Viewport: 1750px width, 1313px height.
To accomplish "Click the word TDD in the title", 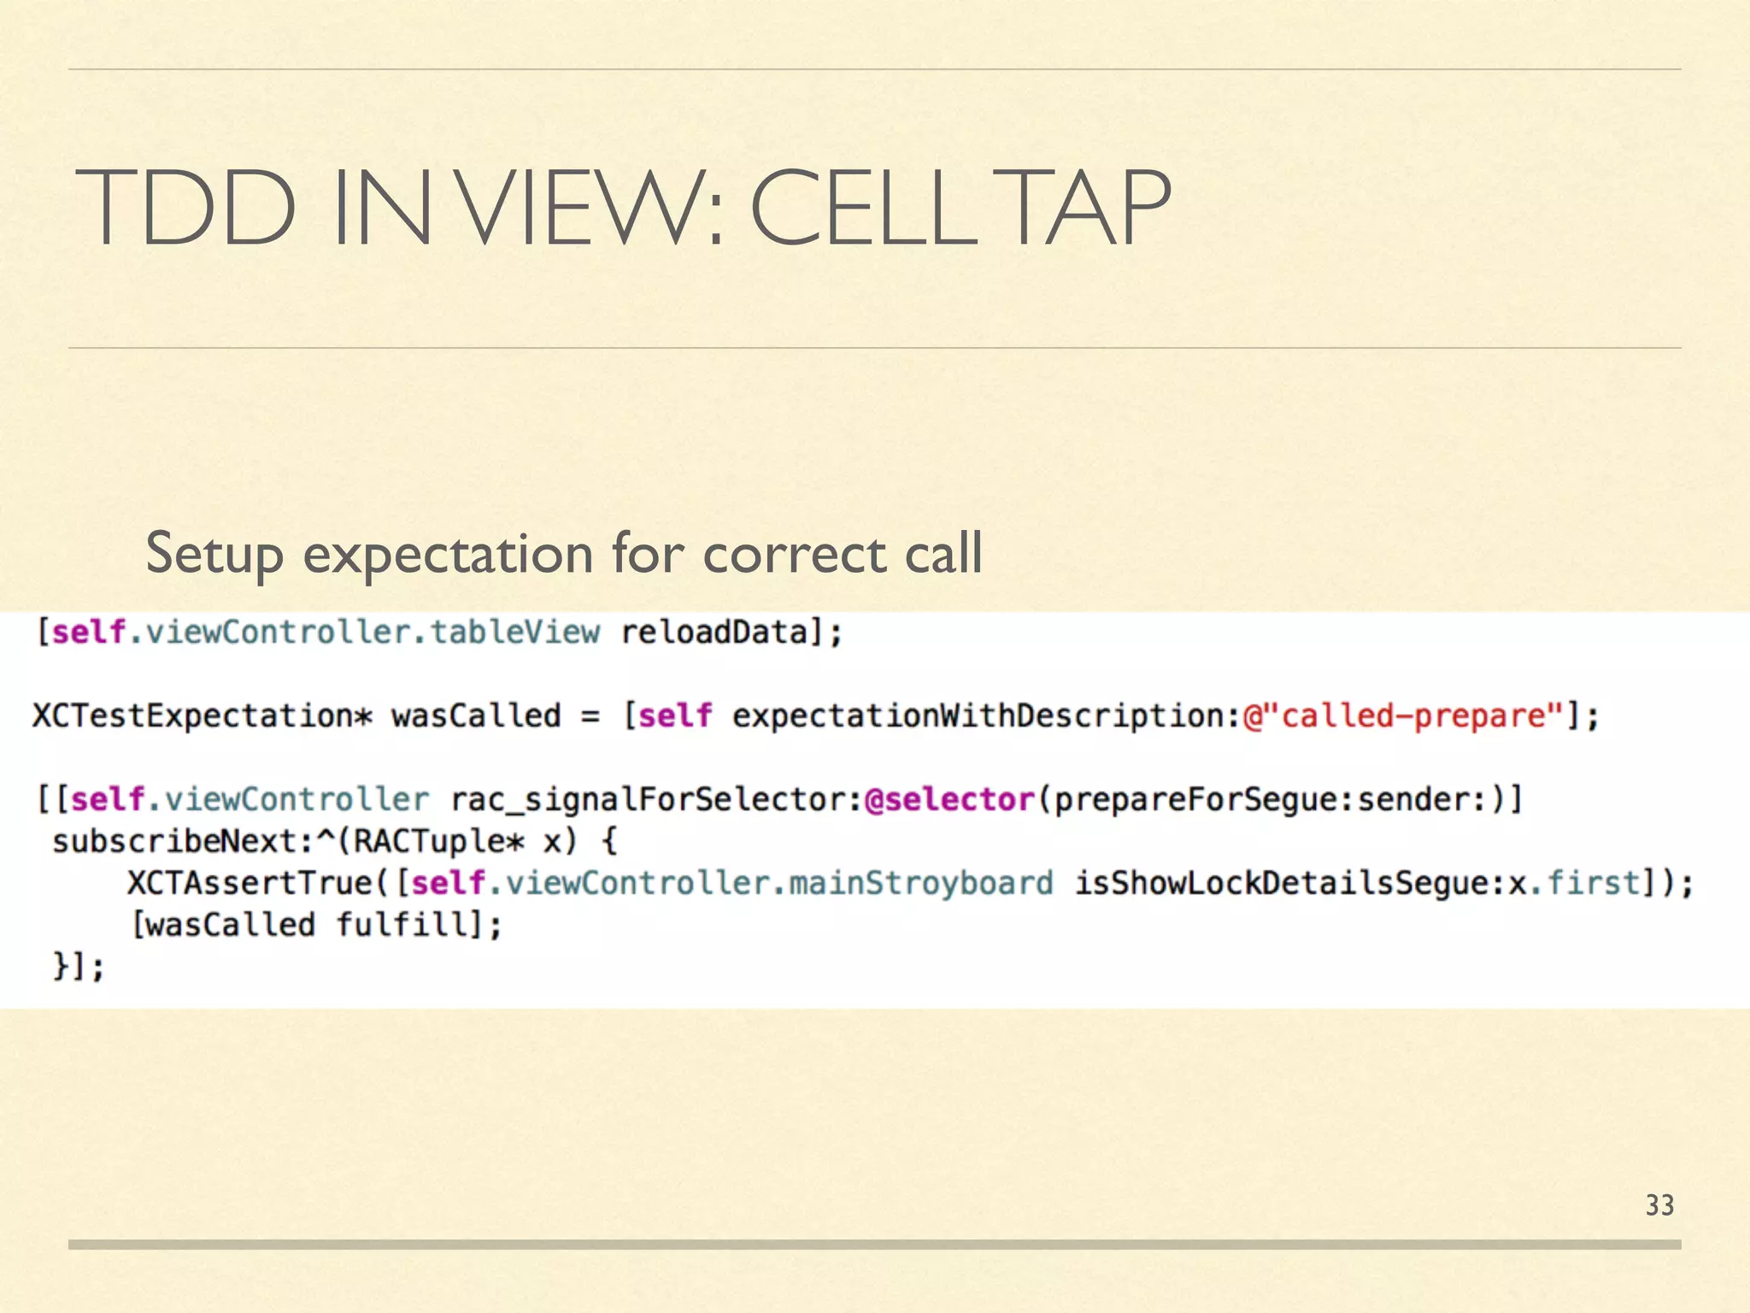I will coord(185,208).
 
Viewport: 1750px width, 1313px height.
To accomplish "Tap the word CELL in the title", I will coord(863,208).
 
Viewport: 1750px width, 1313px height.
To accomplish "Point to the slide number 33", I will coord(1659,1205).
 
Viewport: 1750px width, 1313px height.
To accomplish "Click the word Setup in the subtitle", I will coord(214,554).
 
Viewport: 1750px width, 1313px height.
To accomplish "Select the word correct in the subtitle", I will coord(795,554).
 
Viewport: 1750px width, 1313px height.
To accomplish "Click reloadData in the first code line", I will coord(714,633).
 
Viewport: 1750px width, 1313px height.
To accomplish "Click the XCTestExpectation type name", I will coord(193,715).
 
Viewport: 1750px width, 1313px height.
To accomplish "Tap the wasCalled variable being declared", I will coord(476,715).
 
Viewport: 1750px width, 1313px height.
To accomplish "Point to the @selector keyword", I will coord(949,799).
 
